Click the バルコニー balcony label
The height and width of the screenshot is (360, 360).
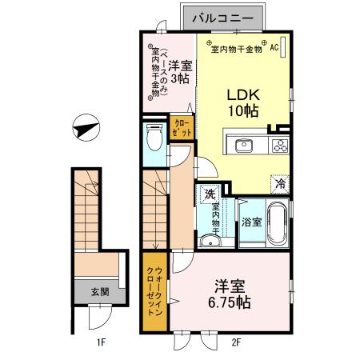[228, 16]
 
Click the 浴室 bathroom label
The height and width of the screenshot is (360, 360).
[250, 222]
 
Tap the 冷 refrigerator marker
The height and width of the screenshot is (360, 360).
[280, 183]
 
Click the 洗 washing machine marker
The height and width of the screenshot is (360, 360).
[209, 193]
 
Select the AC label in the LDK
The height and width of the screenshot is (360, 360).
[273, 48]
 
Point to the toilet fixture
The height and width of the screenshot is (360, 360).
[155, 141]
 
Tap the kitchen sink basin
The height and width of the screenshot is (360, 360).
[243, 146]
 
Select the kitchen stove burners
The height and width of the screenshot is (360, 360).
[279, 146]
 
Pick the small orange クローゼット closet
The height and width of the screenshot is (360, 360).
[180, 128]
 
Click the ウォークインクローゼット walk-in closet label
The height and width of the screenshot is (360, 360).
[155, 292]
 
